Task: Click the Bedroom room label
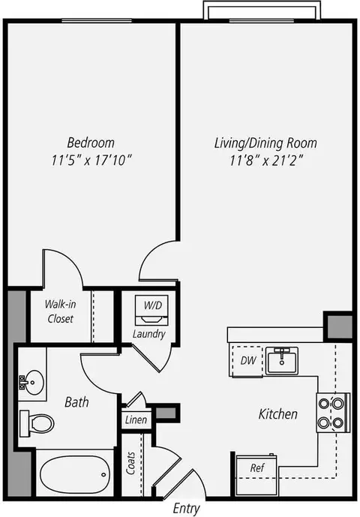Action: click(91, 143)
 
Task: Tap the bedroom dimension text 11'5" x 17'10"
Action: click(91, 161)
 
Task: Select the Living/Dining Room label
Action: click(265, 143)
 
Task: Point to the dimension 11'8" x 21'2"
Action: click(266, 161)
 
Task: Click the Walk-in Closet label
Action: click(60, 311)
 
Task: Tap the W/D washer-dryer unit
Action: click(151, 310)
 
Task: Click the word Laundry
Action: click(149, 334)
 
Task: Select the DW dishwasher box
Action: click(247, 361)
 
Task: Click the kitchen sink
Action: click(282, 360)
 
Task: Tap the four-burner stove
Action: click(333, 413)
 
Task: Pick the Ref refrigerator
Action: click(256, 474)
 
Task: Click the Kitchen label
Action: click(278, 414)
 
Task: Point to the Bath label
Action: click(76, 402)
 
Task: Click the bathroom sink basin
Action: click(31, 383)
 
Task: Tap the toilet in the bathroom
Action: click(37, 424)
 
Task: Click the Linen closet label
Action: click(136, 420)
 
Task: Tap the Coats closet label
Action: click(131, 463)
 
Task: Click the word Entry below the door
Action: click(187, 509)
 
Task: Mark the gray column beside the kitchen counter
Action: click(340, 327)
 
